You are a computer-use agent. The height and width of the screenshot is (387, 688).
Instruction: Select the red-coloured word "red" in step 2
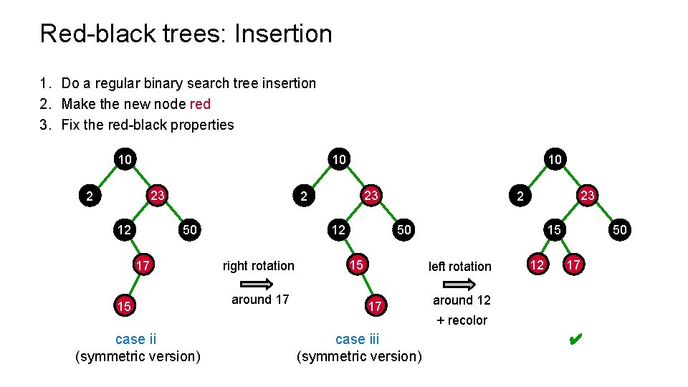tap(200, 104)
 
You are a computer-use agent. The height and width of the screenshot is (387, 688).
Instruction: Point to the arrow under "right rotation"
tap(259, 284)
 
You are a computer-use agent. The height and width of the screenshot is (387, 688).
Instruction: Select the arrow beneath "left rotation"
tap(459, 284)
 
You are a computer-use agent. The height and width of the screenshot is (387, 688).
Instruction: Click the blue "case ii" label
tap(135, 339)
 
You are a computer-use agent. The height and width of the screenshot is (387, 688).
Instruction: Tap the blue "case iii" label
tap(357, 339)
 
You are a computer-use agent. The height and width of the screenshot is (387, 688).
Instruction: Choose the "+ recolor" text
tap(462, 320)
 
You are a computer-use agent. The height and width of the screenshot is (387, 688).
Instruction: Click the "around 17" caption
tap(260, 300)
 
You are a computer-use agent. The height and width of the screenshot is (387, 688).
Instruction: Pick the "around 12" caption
tap(462, 300)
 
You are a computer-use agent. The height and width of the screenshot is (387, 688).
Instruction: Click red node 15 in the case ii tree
tap(124, 307)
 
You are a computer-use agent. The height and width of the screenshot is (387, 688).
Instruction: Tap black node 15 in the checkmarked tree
tap(554, 230)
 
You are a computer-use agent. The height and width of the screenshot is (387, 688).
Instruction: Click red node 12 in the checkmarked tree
tap(537, 265)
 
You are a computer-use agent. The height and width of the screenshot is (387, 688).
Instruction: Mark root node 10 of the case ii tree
tap(125, 158)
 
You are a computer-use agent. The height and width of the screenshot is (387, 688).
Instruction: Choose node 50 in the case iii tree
tap(404, 230)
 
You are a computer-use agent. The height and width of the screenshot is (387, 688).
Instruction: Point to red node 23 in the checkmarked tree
tap(588, 195)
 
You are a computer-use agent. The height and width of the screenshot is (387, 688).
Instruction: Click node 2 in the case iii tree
tap(304, 195)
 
